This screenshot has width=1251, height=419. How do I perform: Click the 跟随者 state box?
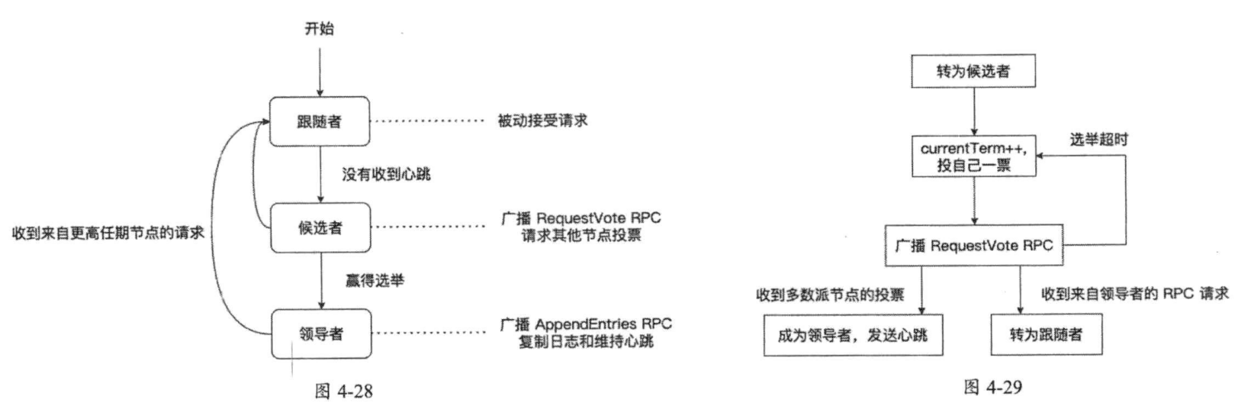coord(320,121)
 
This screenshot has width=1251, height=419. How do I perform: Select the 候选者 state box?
coord(320,227)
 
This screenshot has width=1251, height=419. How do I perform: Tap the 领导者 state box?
coord(320,334)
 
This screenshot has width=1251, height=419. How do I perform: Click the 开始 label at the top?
coord(320,29)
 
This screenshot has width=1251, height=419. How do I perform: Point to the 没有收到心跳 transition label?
coord(386,174)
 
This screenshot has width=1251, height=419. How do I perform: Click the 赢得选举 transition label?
coord(373,280)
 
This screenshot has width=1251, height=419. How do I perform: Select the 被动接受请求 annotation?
coord(542,121)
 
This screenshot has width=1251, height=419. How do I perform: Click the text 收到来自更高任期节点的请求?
coord(108,233)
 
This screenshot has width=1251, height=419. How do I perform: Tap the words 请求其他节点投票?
coord(581,235)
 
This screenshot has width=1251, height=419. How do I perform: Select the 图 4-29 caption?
coord(992,387)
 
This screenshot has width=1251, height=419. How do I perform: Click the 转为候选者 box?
coord(973,71)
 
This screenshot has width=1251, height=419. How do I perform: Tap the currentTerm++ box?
coord(973,156)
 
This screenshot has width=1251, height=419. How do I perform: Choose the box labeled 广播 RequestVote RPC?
coord(973,245)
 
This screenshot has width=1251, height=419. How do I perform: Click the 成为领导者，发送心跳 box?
coord(852,335)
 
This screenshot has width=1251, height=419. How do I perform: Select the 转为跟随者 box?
coord(1046,335)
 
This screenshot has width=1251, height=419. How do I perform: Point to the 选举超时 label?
coord(1098,139)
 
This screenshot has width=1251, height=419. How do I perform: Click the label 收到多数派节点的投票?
coord(829,295)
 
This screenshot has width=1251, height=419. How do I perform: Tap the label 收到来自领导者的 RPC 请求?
coord(1134,294)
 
